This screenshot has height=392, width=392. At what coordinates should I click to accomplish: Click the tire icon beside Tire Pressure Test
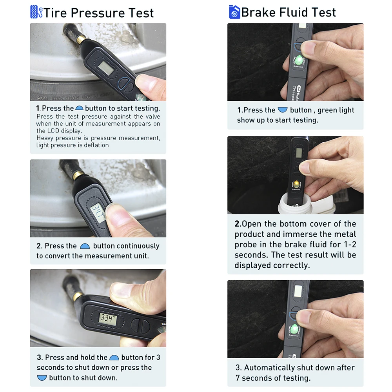coord(36,12)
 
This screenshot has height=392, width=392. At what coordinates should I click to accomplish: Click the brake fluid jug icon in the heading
coord(234,12)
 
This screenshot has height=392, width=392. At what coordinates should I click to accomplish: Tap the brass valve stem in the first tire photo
coord(81,38)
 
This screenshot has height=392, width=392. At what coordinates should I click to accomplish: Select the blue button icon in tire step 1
coord(79,108)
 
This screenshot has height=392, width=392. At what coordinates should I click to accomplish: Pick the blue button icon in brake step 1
coord(282,110)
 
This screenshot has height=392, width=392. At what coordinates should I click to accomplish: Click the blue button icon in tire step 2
coord(85,246)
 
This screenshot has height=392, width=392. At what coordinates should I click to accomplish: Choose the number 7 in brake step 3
coord(238,378)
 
